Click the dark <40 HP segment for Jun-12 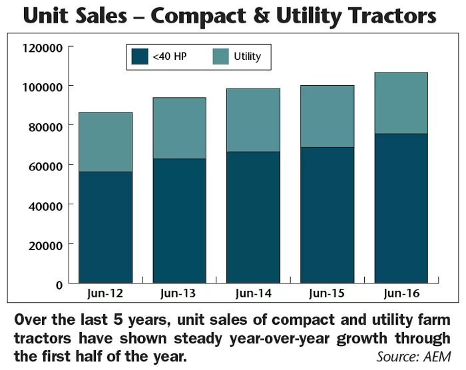point(105,227)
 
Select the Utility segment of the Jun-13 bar point(179,128)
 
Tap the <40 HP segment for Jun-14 point(253,217)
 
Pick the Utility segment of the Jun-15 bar point(327,116)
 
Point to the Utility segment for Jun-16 point(401,103)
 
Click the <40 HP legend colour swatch point(140,57)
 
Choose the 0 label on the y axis point(60,284)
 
